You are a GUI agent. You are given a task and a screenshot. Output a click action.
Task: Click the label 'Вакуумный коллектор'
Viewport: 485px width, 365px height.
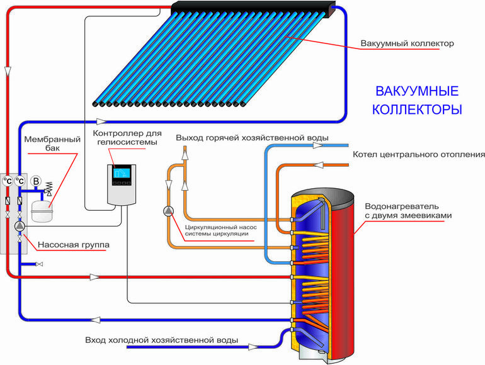(x=407, y=43)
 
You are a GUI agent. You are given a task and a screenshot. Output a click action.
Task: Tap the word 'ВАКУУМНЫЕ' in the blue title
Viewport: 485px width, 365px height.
(x=416, y=91)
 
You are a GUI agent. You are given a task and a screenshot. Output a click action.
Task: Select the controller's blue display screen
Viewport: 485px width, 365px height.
(x=120, y=174)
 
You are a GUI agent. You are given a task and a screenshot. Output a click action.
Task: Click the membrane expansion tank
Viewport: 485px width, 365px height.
(x=41, y=210)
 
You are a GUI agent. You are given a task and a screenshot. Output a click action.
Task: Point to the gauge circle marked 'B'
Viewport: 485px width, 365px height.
(x=36, y=181)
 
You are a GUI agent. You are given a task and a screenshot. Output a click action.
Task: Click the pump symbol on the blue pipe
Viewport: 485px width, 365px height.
(x=20, y=225)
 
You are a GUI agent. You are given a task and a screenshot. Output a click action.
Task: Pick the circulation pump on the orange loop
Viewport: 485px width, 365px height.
(x=168, y=211)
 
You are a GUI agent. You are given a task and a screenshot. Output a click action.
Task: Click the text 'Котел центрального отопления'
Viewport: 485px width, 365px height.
(x=418, y=154)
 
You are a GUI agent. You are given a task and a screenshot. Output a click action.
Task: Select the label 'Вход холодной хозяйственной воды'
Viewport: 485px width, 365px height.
(x=161, y=340)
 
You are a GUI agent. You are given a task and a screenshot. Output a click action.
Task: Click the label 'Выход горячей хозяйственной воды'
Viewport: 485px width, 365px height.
(x=252, y=137)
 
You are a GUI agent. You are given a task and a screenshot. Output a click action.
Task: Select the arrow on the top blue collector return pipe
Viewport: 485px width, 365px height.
(x=101, y=120)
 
